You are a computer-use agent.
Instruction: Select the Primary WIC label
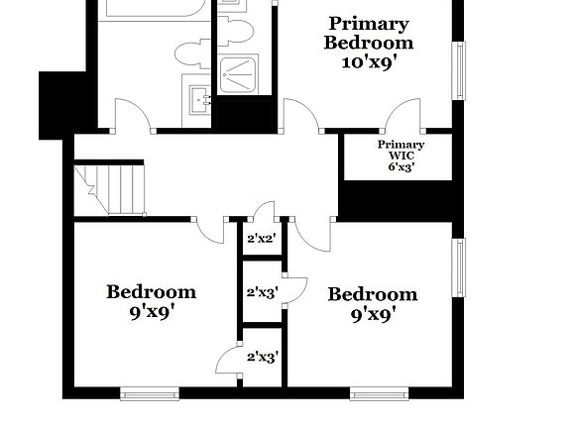coord(400,150)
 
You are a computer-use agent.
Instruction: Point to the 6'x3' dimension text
coord(400,167)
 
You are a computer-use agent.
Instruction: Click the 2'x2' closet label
coord(261,238)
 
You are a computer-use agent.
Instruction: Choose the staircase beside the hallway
coord(111,188)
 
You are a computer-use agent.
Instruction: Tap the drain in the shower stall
coord(239,71)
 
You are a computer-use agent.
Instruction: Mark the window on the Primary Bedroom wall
coord(459,69)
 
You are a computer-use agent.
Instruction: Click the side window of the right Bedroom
coord(459,267)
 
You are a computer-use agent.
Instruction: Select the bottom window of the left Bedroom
coord(150,393)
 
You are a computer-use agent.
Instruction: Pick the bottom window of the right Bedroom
coord(380,393)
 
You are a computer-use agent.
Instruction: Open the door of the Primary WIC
coord(405,117)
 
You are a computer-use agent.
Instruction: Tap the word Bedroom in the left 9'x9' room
coord(152,291)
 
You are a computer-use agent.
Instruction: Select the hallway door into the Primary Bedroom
coord(301,116)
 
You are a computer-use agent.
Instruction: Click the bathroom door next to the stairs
coord(133,116)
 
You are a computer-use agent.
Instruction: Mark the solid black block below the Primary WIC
coord(397,200)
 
